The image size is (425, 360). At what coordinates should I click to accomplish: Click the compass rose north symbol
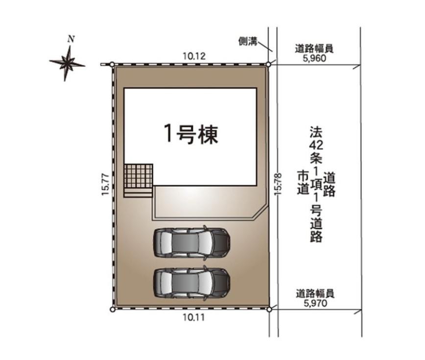click(x=68, y=62)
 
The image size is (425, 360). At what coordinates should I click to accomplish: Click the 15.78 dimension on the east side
click(x=278, y=185)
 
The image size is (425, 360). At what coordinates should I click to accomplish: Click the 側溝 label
click(x=248, y=42)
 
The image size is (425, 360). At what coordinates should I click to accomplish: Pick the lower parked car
click(x=191, y=283)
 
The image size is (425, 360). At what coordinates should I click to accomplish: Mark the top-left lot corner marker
click(x=112, y=64)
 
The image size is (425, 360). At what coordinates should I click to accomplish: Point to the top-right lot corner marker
click(x=269, y=64)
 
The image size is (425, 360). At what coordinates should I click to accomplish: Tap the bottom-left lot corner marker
click(x=112, y=309)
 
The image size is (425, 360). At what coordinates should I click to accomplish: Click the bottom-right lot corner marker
click(x=269, y=309)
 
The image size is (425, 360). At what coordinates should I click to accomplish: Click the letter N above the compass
click(x=71, y=39)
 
